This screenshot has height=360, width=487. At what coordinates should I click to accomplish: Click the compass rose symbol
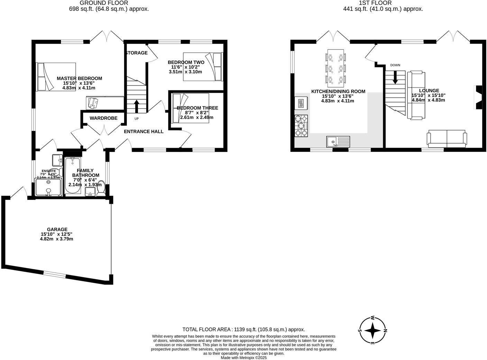[373, 331]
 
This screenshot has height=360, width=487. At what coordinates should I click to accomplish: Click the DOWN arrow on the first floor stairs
[395, 77]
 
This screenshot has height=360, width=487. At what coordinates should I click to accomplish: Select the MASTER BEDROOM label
[79, 78]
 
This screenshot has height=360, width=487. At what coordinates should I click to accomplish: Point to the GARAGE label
[57, 229]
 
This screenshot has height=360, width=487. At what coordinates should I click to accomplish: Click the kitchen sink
[338, 141]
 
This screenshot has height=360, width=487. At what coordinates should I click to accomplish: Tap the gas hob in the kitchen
[301, 126]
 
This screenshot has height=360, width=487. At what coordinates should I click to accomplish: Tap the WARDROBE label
[103, 118]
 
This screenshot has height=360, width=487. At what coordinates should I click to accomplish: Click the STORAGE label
[136, 53]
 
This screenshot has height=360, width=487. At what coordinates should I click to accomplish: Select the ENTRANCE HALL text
[144, 132]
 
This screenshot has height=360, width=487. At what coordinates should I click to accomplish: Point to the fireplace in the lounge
[478, 98]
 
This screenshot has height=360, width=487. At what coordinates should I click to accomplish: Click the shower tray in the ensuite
[48, 187]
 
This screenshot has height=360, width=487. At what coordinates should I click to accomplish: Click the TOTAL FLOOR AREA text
[243, 330]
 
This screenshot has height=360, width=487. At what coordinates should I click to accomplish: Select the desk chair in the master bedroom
[93, 102]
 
